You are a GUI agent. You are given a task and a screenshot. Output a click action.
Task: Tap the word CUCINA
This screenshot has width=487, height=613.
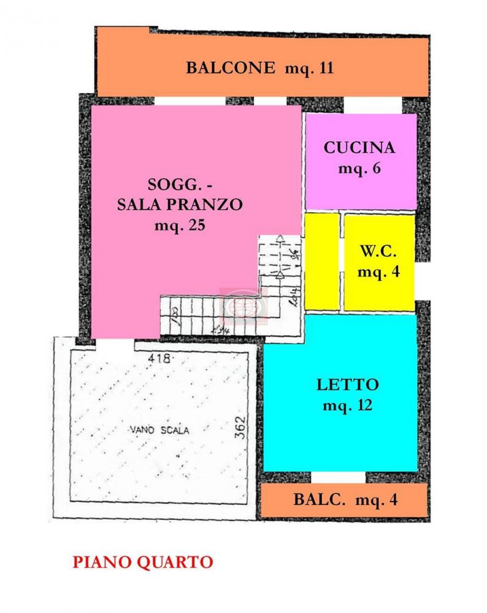pyautogui.click(x=359, y=147)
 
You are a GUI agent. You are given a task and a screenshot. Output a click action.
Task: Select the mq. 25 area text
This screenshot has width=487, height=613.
pyautogui.click(x=179, y=224)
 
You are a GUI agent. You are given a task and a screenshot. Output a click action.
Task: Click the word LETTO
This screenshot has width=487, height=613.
pyautogui.click(x=348, y=385)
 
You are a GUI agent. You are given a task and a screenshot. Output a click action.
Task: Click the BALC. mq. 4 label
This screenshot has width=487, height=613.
pyautogui.click(x=345, y=500)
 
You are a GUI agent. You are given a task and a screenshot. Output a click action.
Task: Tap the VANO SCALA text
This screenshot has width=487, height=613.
pyautogui.click(x=159, y=430)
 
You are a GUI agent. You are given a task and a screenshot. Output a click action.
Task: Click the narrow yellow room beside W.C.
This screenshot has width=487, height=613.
pyautogui.click(x=321, y=261)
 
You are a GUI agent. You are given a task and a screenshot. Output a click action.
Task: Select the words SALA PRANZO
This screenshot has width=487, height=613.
pyautogui.click(x=180, y=204)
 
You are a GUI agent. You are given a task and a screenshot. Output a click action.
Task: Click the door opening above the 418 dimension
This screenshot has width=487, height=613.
pyautogui.click(x=114, y=344)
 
